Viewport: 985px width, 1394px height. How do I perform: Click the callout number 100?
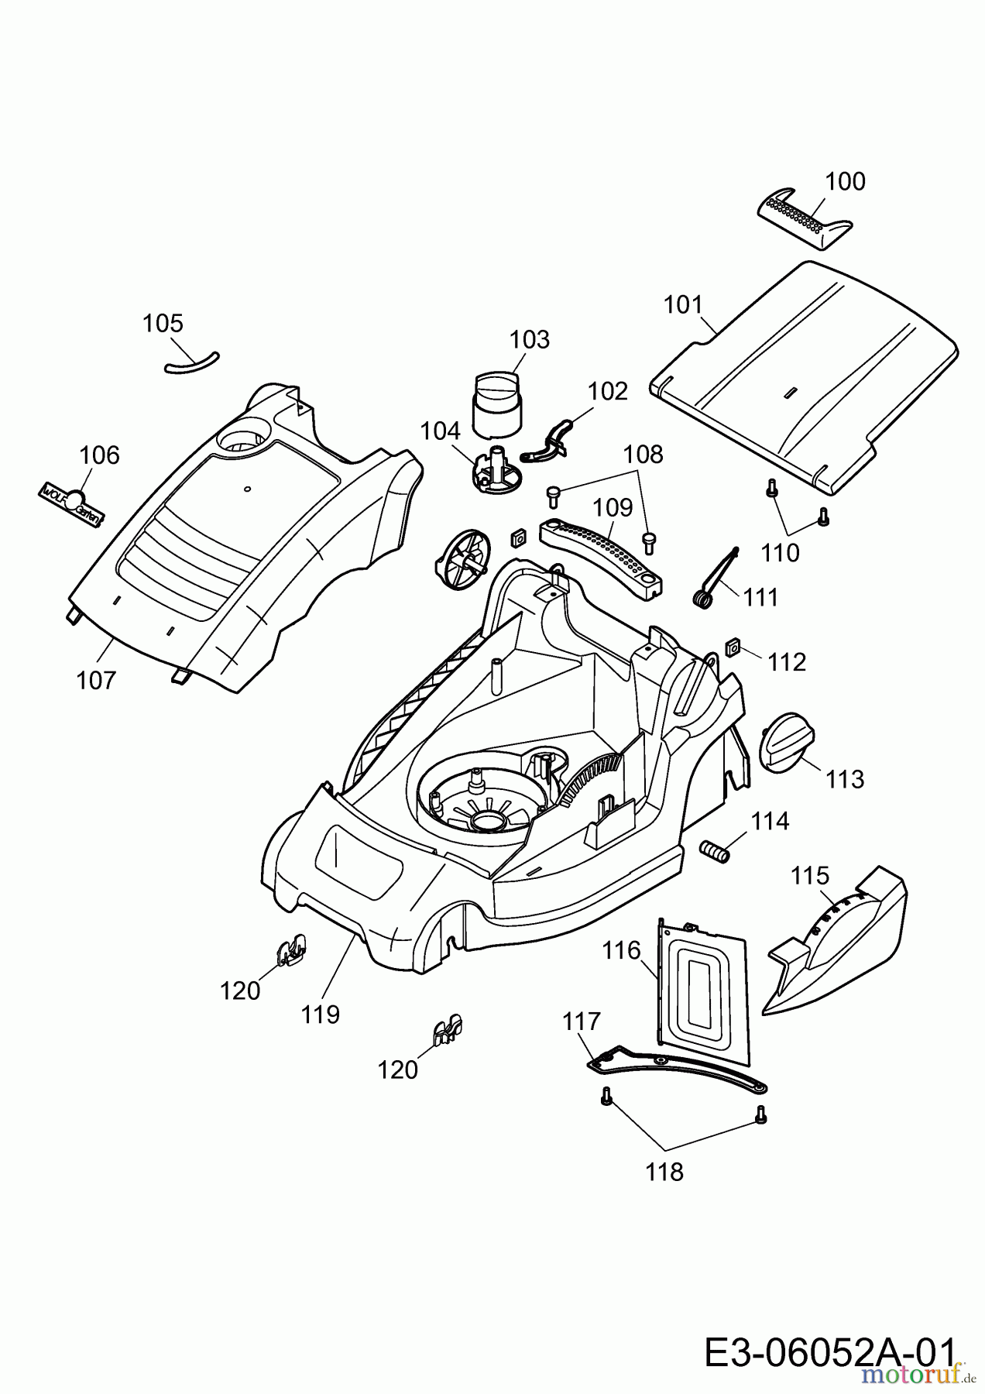(x=845, y=182)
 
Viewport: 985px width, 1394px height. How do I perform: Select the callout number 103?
(x=530, y=340)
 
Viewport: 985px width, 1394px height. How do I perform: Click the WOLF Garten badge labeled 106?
(x=70, y=504)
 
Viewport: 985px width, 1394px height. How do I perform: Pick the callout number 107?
(x=96, y=681)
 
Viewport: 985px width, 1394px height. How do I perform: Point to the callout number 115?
(x=810, y=876)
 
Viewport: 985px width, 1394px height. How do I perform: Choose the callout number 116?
(x=622, y=951)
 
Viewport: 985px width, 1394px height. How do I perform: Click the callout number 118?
(x=665, y=1173)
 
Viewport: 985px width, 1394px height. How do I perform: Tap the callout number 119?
(x=321, y=1015)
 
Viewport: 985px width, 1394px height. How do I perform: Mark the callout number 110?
(x=779, y=552)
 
